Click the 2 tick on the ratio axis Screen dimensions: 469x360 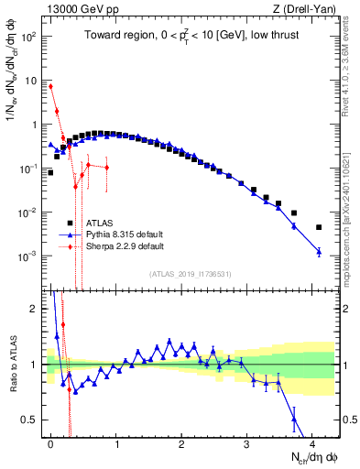click(37, 309)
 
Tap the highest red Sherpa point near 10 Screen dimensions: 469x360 click(50, 86)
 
